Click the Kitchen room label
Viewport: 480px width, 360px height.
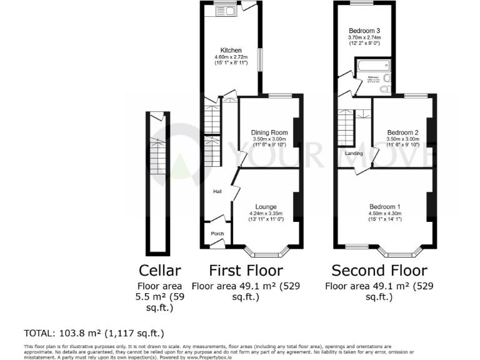(x=231, y=51)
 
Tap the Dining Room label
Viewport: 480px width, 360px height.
(x=269, y=132)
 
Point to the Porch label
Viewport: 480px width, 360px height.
(x=217, y=234)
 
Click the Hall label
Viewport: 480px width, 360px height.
(x=217, y=192)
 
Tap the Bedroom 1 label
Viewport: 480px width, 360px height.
(x=384, y=207)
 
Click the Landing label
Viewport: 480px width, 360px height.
(x=354, y=153)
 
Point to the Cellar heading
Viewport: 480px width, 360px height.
(x=159, y=271)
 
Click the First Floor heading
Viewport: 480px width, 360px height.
(x=245, y=271)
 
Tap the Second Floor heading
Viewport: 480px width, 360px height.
(x=379, y=271)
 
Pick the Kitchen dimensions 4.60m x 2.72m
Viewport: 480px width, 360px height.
(x=231, y=57)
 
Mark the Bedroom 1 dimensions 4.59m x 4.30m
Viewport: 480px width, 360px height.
(x=384, y=214)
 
